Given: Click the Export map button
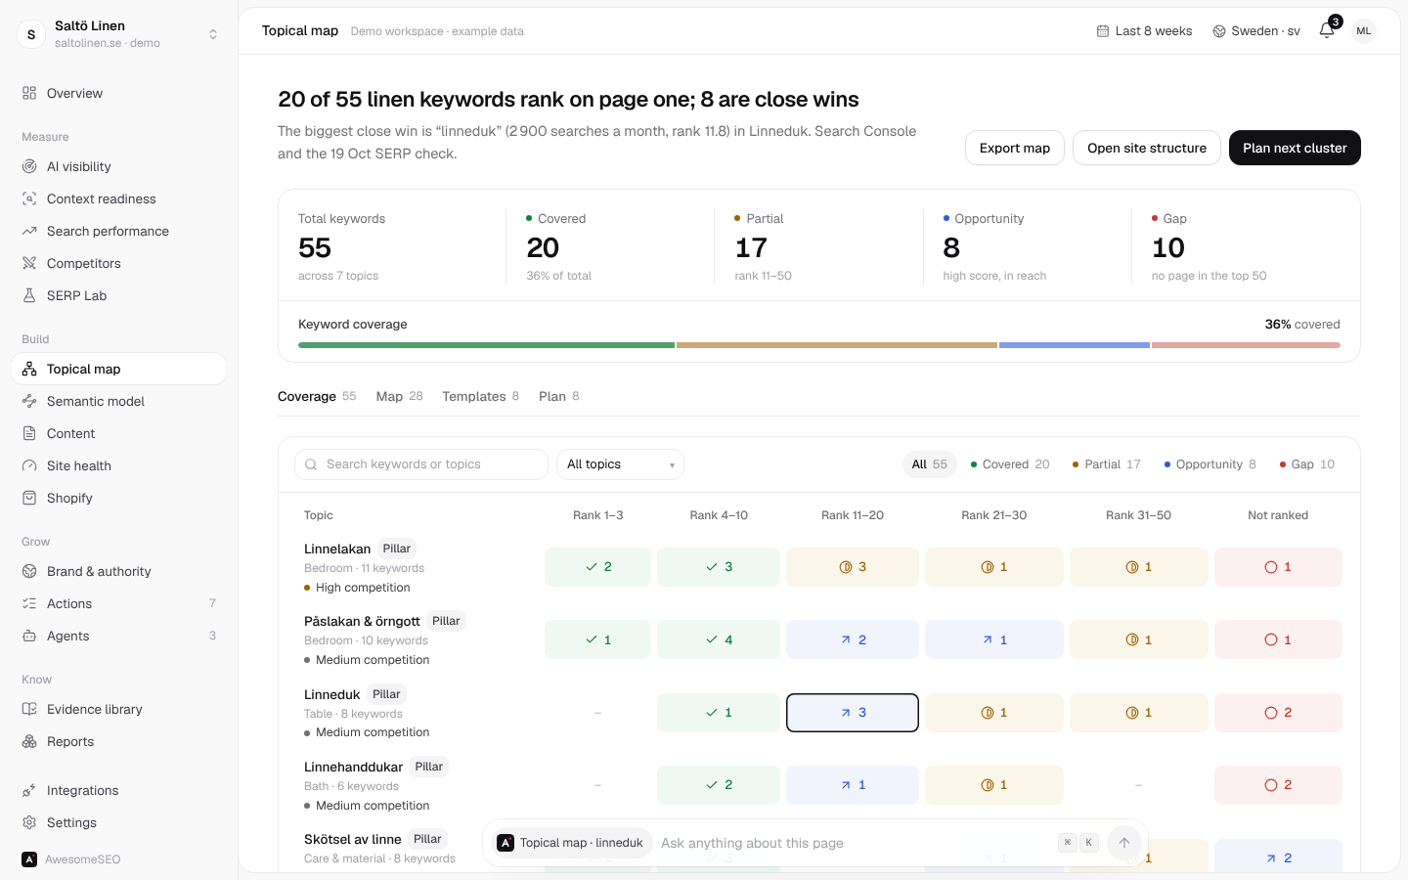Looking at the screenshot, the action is pos(1015,148).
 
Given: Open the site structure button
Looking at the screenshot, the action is pos(1147,148).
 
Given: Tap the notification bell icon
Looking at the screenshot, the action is pos(1326,30).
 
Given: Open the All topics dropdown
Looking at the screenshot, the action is pos(620,464).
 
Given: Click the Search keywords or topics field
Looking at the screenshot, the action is pos(421,464).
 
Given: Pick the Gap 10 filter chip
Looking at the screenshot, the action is pos(1306,464).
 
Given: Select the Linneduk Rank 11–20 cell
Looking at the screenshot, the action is pos(853,713).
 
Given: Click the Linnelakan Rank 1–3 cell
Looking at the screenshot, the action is pos(597,567).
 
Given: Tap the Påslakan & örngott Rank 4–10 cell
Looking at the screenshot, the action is pos(719,639).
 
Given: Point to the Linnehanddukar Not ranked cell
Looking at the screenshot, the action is pos(1278,785).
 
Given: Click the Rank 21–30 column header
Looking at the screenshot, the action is pos(993,515).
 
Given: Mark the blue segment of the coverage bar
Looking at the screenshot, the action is pos(1075,345).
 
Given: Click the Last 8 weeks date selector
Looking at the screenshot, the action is pos(1144,31).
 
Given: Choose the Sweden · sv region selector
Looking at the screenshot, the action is pos(1255,31).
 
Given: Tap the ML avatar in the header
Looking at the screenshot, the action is pos(1363,31).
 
